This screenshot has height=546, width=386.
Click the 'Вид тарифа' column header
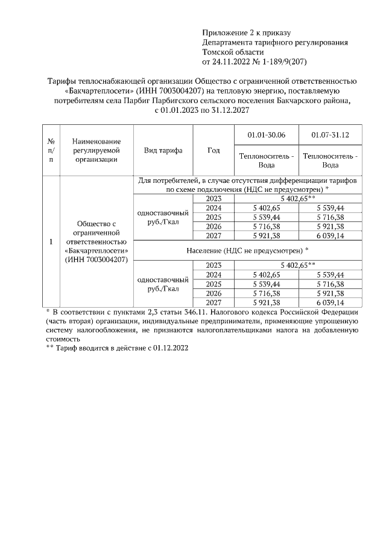click(x=163, y=150)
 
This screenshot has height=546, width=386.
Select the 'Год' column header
click(x=213, y=150)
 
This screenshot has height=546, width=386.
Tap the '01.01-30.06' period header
click(x=266, y=135)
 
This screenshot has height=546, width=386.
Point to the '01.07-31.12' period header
click(x=330, y=135)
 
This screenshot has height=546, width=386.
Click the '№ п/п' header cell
click(x=51, y=150)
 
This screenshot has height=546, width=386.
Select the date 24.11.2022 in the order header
click(x=229, y=62)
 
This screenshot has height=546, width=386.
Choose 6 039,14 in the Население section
click(x=330, y=302)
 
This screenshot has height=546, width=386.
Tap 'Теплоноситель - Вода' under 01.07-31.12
click(x=330, y=160)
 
